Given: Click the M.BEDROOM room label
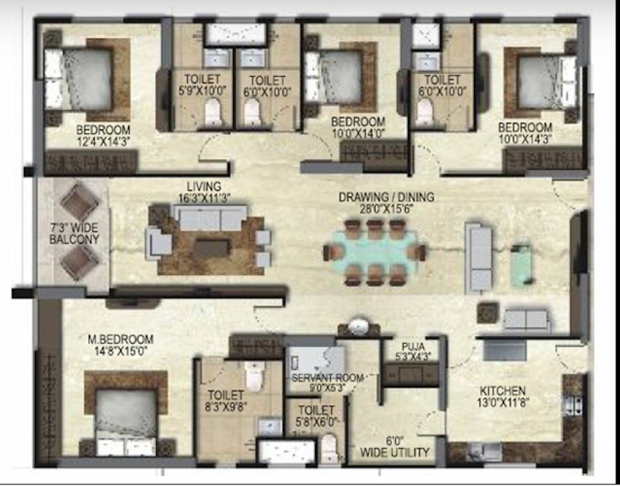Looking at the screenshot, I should pyautogui.click(x=120, y=339).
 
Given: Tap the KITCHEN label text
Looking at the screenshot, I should pyautogui.click(x=502, y=390).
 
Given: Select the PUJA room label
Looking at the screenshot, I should pyautogui.click(x=412, y=346).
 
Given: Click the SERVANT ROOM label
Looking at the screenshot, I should pyautogui.click(x=328, y=378).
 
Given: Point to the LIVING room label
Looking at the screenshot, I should pyautogui.click(x=204, y=187).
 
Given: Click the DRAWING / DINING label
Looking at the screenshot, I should pyautogui.click(x=386, y=197).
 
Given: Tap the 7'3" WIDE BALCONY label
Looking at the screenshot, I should pyautogui.click(x=74, y=234).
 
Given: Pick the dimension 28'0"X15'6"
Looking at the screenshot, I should pyautogui.click(x=386, y=209).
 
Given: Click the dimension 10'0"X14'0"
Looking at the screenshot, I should pyautogui.click(x=358, y=133).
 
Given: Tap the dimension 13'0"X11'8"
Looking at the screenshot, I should pyautogui.click(x=502, y=402).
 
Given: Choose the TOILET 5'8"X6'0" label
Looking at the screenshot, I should pyautogui.click(x=314, y=415).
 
